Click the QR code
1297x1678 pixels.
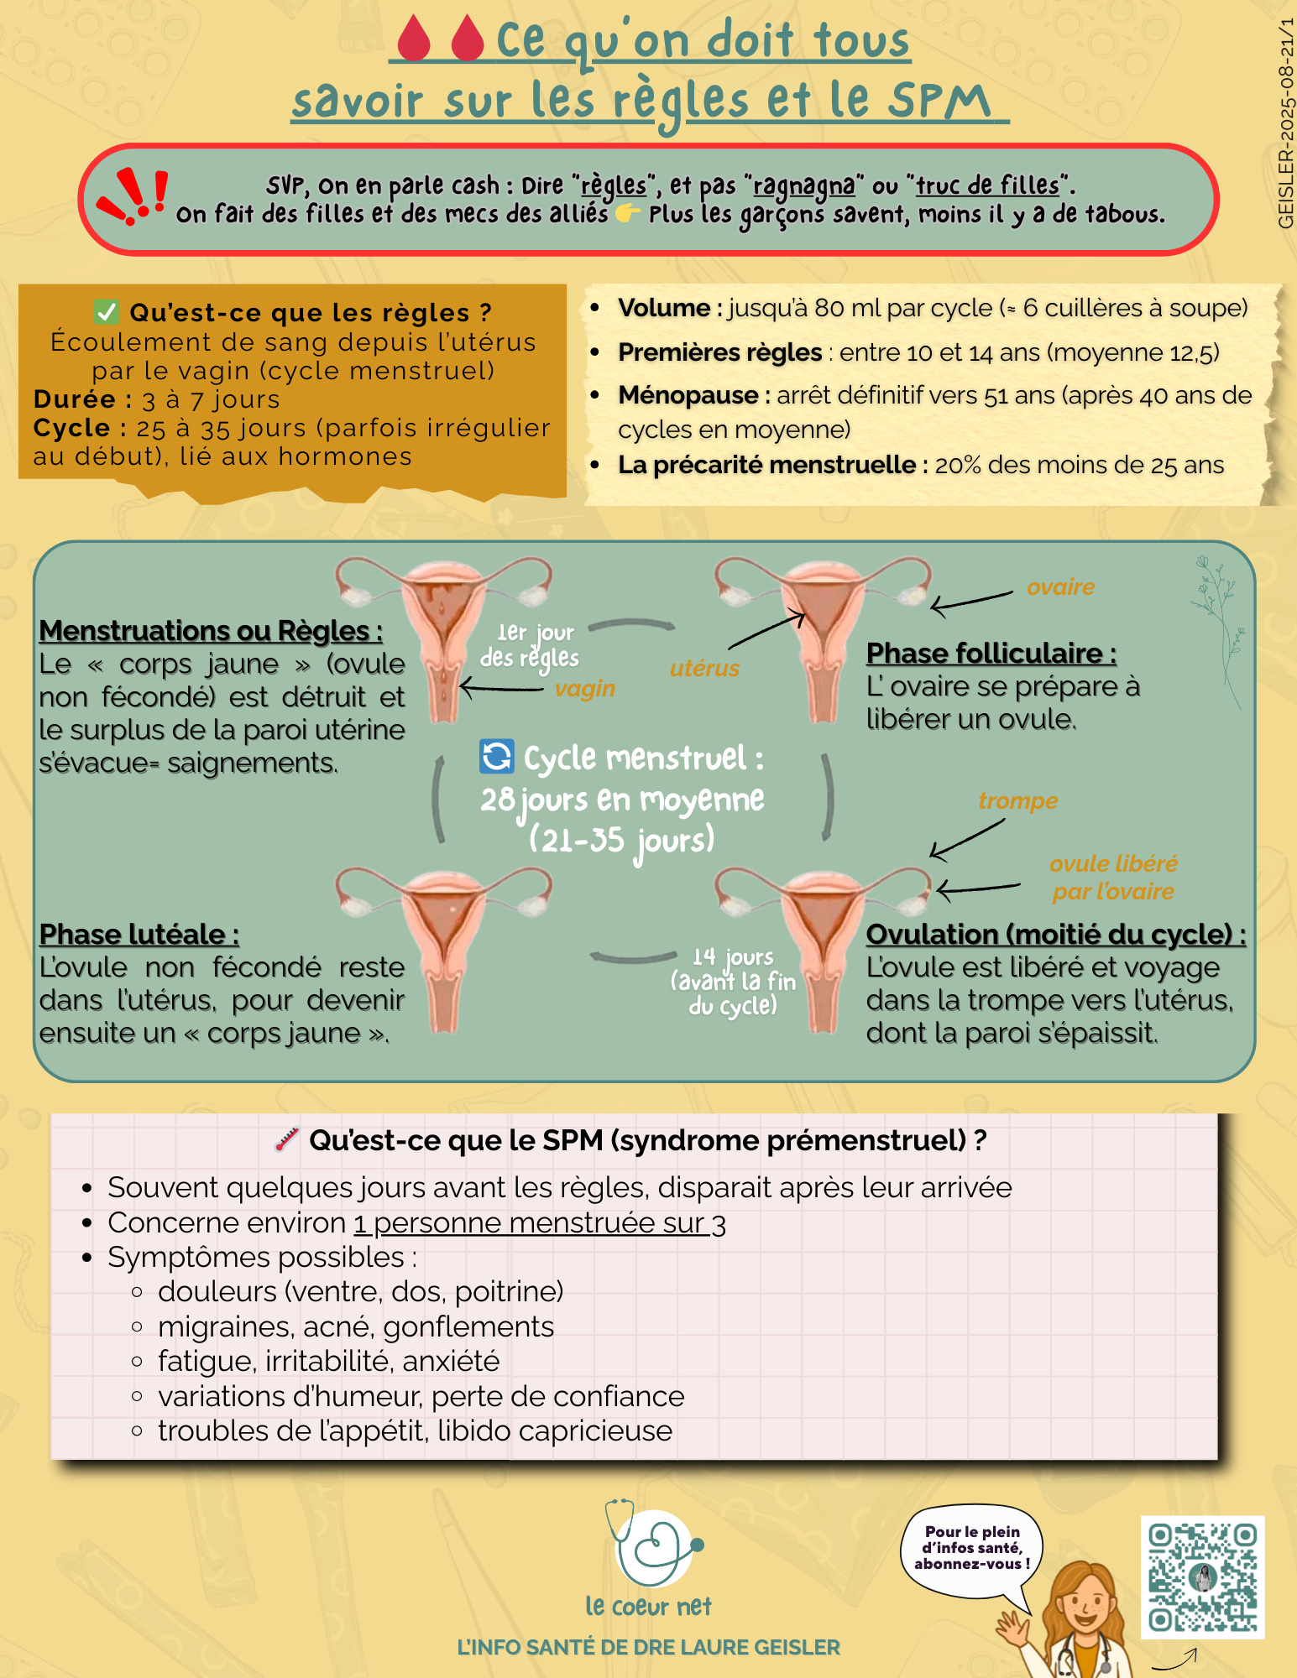click(1202, 1577)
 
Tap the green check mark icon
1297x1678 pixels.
click(107, 312)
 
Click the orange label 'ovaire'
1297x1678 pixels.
click(1060, 587)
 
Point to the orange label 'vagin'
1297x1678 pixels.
click(585, 689)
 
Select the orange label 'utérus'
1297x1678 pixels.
click(704, 669)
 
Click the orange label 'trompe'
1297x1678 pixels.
click(1017, 801)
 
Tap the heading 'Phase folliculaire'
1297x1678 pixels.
click(991, 653)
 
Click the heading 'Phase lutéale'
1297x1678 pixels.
click(139, 934)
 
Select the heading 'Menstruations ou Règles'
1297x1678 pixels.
click(211, 630)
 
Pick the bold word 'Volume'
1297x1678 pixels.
click(664, 308)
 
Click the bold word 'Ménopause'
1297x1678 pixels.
click(688, 395)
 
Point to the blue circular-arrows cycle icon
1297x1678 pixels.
click(496, 756)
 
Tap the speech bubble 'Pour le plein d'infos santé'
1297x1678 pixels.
click(972, 1549)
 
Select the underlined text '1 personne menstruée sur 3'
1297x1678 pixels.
click(540, 1223)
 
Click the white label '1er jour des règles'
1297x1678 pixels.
click(531, 645)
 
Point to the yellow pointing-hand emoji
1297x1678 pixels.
click(627, 214)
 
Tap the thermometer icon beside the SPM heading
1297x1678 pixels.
click(287, 1139)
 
